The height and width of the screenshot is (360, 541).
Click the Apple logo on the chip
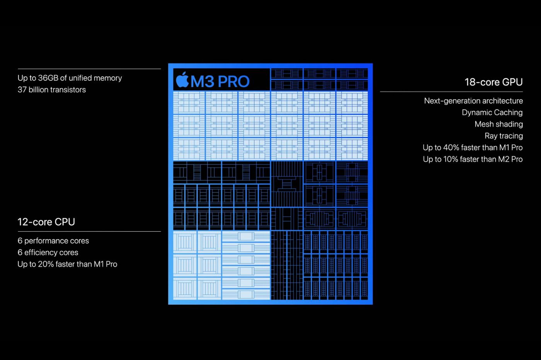(x=182, y=80)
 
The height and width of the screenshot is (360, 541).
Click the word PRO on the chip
(x=233, y=82)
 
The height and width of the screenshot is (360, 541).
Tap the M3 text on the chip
(x=202, y=82)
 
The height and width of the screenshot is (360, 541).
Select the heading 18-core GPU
(x=494, y=82)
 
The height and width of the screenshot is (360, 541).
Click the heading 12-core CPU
(x=46, y=222)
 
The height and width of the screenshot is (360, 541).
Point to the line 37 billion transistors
(x=52, y=90)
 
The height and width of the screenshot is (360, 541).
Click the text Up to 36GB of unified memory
(x=70, y=78)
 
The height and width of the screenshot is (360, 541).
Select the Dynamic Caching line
(x=492, y=112)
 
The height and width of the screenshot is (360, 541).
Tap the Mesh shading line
(x=499, y=124)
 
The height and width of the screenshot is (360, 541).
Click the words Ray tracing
(x=504, y=136)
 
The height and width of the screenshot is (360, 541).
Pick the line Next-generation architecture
(x=473, y=101)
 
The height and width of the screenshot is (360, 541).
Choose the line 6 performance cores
(x=53, y=241)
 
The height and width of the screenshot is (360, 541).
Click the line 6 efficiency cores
(x=48, y=253)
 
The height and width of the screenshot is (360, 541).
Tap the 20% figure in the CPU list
(x=46, y=264)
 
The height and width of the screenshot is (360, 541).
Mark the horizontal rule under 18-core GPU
(x=451, y=92)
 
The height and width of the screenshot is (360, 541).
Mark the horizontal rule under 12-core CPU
(x=89, y=231)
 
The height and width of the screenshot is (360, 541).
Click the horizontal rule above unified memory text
(x=89, y=69)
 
